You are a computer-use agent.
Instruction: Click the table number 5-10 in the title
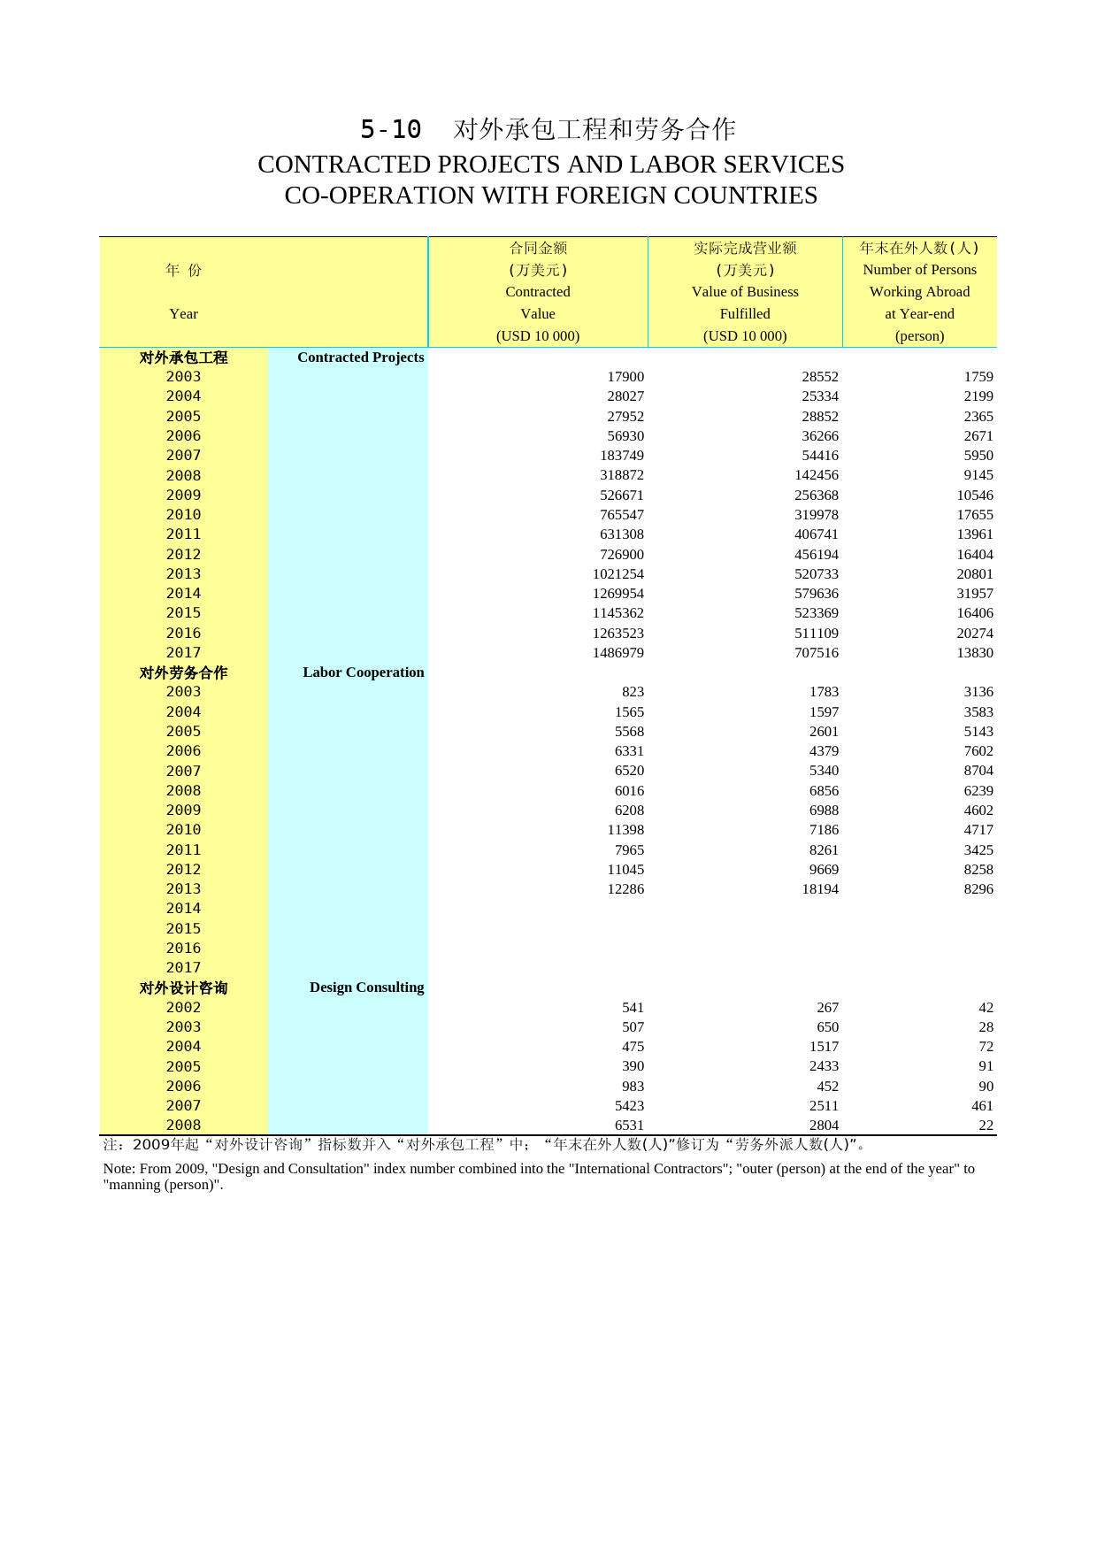[390, 129]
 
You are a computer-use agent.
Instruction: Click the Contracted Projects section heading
[360, 357]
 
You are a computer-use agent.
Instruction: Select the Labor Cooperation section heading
[363, 672]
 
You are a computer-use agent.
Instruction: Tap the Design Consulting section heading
[366, 987]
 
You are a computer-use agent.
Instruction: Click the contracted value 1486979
[618, 653]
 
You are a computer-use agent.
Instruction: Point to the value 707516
[816, 653]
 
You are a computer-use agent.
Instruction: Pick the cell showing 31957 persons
[974, 594]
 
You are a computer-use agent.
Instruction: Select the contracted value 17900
[625, 377]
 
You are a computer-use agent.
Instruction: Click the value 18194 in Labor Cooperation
[819, 889]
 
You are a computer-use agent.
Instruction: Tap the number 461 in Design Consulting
[981, 1106]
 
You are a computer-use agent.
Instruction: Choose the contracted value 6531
[629, 1126]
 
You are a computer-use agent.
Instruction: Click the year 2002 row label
[183, 1008]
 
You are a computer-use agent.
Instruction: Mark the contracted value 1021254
[618, 574]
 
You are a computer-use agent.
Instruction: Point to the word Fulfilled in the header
[744, 314]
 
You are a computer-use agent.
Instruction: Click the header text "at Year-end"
[919, 314]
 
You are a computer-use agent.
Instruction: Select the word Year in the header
[183, 314]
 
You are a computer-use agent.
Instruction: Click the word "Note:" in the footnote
[119, 1169]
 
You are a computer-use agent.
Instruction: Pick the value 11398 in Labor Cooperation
[625, 830]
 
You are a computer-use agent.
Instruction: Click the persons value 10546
[974, 496]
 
